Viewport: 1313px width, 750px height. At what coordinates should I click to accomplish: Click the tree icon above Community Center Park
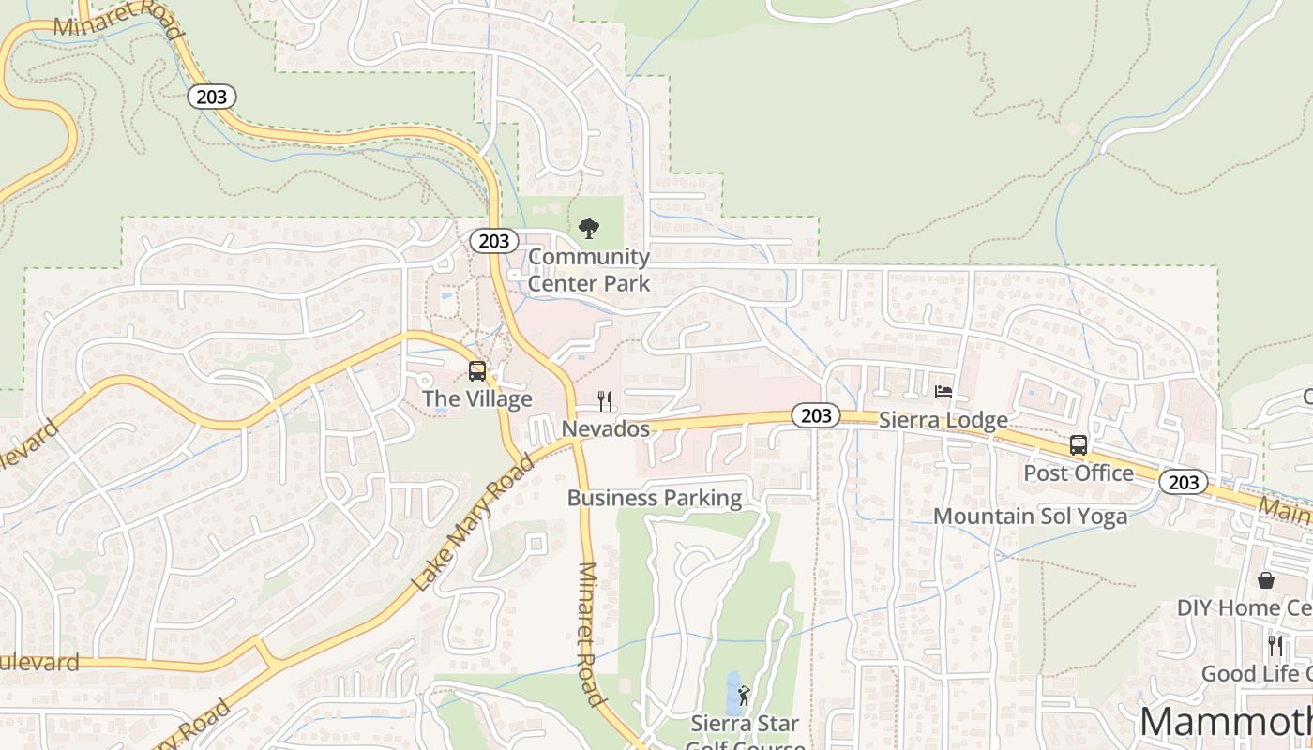pyautogui.click(x=589, y=228)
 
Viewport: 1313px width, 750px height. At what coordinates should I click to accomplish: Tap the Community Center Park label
pyautogui.click(x=589, y=269)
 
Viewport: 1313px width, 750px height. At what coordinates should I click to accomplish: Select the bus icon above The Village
pyautogui.click(x=477, y=371)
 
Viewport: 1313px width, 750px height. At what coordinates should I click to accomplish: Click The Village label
pyautogui.click(x=477, y=398)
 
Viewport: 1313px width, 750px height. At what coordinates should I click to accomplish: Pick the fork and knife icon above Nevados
pyautogui.click(x=606, y=401)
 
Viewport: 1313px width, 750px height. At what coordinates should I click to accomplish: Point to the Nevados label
pyautogui.click(x=606, y=428)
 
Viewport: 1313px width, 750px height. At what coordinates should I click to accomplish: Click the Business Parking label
pyautogui.click(x=655, y=498)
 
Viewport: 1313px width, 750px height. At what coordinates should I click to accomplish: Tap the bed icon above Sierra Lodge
pyautogui.click(x=943, y=392)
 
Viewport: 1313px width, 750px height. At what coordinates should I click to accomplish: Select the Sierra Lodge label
pyautogui.click(x=943, y=419)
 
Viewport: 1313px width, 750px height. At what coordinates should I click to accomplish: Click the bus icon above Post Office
pyautogui.click(x=1079, y=445)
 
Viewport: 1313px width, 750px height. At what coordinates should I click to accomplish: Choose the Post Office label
pyautogui.click(x=1079, y=472)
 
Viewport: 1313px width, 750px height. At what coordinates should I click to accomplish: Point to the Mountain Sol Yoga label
pyautogui.click(x=1030, y=517)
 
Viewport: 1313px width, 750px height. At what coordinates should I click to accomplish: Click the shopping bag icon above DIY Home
pyautogui.click(x=1266, y=580)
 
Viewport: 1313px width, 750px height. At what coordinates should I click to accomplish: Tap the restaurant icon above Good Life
pyautogui.click(x=1275, y=645)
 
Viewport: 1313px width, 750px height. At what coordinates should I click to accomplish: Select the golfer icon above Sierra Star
pyautogui.click(x=745, y=696)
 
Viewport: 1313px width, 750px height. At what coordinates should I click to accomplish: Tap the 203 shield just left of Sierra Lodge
pyautogui.click(x=816, y=415)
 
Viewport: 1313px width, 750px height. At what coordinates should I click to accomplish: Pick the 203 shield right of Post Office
pyautogui.click(x=1184, y=482)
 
